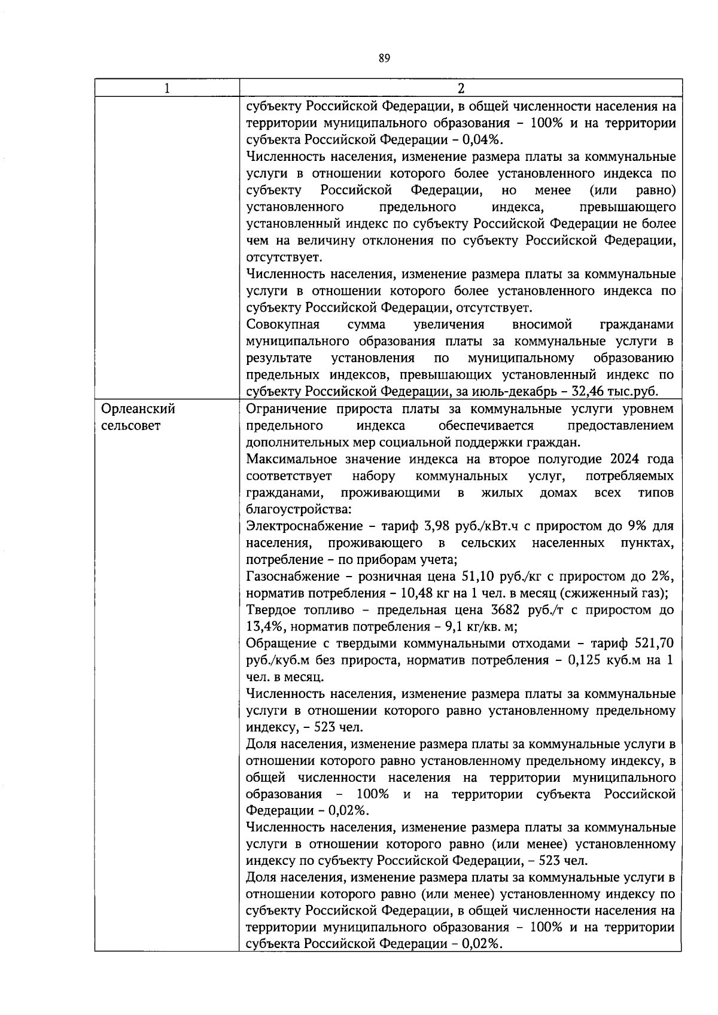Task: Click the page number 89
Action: (384, 59)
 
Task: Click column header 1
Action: (167, 89)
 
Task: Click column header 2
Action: (460, 89)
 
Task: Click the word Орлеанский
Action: (138, 409)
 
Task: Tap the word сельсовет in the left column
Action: (131, 426)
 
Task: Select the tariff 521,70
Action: (655, 644)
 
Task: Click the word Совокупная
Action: (282, 325)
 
